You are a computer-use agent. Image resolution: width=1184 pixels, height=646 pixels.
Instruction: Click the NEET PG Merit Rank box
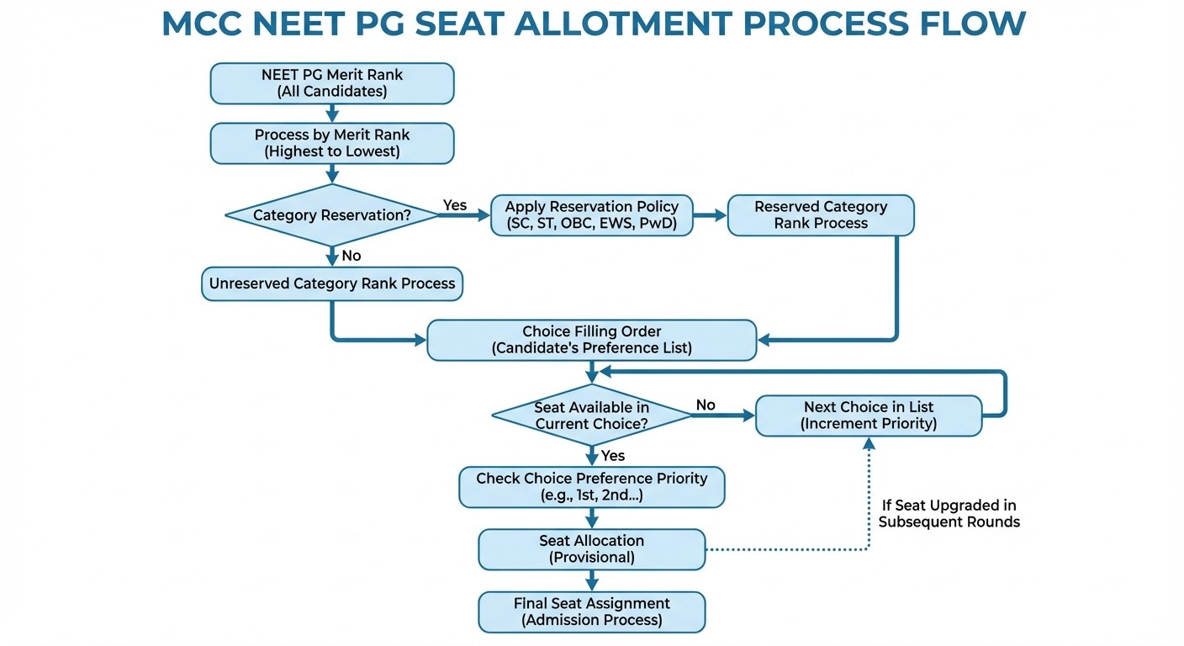[x=332, y=83]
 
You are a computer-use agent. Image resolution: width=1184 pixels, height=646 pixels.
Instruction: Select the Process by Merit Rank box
[x=332, y=143]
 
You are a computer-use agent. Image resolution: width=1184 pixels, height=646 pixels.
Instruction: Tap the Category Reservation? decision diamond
[x=332, y=215]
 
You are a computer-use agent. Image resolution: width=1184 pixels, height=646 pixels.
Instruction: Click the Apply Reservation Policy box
[x=592, y=215]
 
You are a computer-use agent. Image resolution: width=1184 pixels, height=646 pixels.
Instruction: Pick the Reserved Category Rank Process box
[x=821, y=215]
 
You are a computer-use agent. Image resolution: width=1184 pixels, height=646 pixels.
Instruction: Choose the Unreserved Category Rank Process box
[x=332, y=283]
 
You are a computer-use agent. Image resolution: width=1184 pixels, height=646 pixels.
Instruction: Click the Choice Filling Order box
[x=592, y=340]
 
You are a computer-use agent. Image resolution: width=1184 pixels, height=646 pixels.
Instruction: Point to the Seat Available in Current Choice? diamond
[x=592, y=416]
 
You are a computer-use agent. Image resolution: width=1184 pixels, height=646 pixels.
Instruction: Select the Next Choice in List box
[x=869, y=416]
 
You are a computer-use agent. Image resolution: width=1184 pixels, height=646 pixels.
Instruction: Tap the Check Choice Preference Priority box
[x=592, y=487]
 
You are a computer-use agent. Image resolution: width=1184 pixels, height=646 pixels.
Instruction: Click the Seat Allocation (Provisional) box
[x=592, y=549]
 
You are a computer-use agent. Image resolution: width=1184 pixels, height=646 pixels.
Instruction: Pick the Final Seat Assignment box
[x=592, y=612]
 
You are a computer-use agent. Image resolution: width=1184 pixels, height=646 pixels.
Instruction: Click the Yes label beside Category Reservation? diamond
[x=455, y=205]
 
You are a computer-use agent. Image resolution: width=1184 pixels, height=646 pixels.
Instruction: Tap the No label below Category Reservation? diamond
[x=351, y=255]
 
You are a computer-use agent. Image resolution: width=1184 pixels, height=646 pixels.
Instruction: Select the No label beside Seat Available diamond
[x=706, y=405]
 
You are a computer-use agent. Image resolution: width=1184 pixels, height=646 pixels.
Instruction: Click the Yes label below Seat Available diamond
[x=613, y=455]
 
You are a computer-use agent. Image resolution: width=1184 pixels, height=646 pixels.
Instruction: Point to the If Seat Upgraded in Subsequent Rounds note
[x=949, y=514]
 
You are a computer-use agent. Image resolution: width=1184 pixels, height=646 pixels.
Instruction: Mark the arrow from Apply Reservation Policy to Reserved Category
[x=710, y=215]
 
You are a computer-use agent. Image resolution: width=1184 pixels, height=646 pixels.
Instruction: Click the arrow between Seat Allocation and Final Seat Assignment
[x=592, y=580]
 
